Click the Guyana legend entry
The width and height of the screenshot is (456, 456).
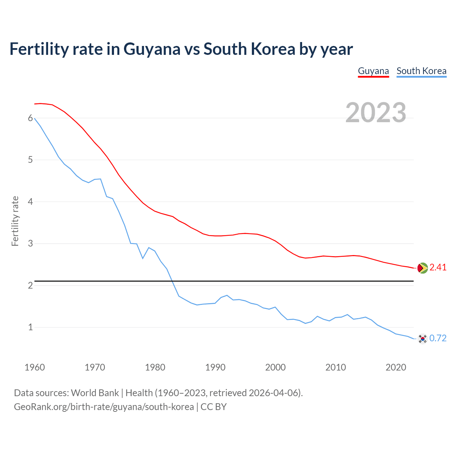click(x=373, y=71)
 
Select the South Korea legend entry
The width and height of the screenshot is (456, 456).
click(x=421, y=71)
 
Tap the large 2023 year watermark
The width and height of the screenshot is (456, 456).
click(x=375, y=113)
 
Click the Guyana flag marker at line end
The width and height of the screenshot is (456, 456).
click(x=423, y=268)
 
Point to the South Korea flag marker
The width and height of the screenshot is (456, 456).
click(x=423, y=338)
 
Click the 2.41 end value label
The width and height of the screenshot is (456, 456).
click(x=438, y=268)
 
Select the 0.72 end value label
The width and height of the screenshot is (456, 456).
click(x=438, y=338)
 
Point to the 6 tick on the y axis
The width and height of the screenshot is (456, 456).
click(x=30, y=118)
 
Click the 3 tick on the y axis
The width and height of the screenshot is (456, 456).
click(x=30, y=244)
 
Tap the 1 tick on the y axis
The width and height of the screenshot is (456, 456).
click(x=30, y=327)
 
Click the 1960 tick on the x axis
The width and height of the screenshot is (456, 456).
click(x=35, y=367)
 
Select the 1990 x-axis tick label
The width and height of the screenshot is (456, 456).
click(x=215, y=367)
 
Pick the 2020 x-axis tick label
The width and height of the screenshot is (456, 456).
click(x=396, y=367)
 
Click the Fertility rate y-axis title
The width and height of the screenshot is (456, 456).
click(x=15, y=221)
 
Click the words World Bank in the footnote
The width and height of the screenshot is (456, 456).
click(x=95, y=393)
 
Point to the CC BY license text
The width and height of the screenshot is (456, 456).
click(x=213, y=407)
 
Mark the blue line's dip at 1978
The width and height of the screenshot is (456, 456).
click(x=143, y=258)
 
